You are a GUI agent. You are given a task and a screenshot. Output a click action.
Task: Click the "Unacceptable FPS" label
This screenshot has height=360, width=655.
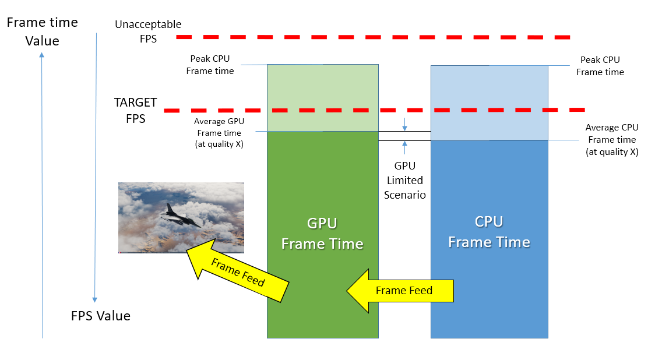(148, 31)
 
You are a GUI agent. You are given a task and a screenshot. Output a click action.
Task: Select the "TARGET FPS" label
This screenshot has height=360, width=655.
(136, 110)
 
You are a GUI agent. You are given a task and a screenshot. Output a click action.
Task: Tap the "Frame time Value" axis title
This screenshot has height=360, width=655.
(42, 31)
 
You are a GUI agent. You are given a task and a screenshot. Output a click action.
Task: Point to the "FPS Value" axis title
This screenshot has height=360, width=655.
(101, 316)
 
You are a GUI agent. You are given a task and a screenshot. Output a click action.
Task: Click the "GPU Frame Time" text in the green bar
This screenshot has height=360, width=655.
(322, 234)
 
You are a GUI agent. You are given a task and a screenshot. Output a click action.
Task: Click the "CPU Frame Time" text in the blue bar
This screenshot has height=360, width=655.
(489, 232)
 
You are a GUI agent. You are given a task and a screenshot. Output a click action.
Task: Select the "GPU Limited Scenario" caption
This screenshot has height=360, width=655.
(405, 181)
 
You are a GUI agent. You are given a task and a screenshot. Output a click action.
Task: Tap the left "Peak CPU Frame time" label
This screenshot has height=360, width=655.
(210, 65)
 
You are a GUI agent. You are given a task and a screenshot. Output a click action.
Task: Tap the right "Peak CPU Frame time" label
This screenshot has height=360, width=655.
(600, 66)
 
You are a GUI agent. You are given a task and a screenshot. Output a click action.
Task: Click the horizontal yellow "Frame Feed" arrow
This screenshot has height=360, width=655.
(400, 291)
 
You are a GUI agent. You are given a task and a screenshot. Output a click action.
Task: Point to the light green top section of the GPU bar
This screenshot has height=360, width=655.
(323, 98)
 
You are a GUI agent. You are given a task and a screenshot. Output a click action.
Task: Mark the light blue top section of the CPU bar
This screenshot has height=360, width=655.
(490, 103)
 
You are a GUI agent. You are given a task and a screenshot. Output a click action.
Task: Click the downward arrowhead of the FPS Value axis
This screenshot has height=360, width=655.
(95, 299)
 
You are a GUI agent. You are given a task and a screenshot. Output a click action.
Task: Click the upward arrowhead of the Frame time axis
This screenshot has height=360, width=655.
(42, 55)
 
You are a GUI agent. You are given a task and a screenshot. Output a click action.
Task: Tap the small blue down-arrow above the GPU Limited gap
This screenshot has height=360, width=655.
(404, 125)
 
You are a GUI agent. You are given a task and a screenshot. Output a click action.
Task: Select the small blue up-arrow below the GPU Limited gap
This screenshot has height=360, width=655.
(404, 147)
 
